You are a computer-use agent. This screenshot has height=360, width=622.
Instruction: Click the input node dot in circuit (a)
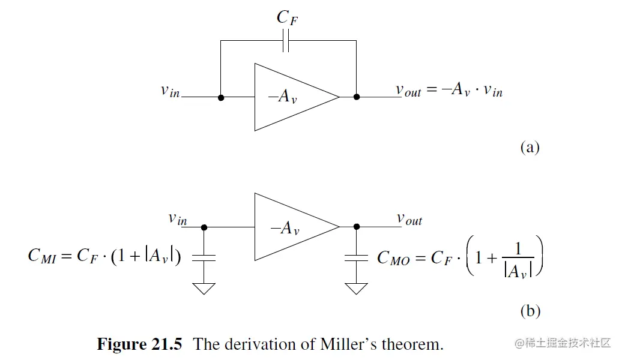coord(221,97)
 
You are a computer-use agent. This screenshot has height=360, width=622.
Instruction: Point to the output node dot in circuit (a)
coord(357,97)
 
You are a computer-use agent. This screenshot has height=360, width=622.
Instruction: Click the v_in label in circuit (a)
coord(170,91)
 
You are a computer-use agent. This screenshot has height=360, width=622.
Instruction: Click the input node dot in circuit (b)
coord(204,227)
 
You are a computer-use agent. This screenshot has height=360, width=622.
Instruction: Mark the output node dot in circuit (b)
coord(357,227)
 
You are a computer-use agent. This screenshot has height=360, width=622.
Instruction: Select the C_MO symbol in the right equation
coord(393,258)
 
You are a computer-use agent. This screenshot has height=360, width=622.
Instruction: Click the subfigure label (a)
coord(530,147)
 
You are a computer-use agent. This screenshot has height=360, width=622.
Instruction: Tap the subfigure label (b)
coord(530,311)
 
